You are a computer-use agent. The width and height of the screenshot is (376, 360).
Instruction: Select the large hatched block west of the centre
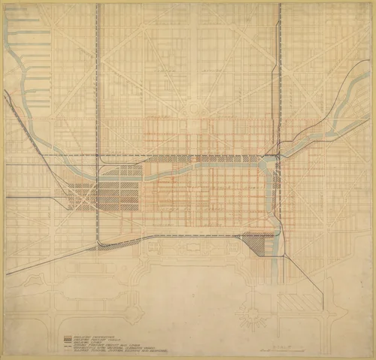119,192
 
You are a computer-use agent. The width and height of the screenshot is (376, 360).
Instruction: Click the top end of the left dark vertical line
97,6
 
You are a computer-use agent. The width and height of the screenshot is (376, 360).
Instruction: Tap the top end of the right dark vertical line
280,6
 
